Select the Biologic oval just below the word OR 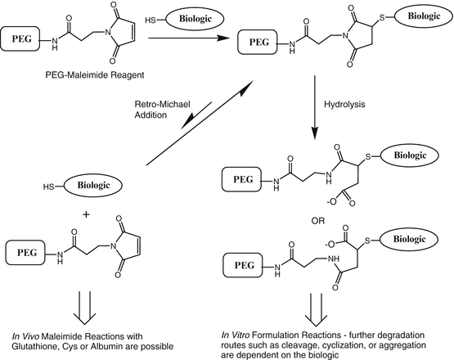click(412, 237)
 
